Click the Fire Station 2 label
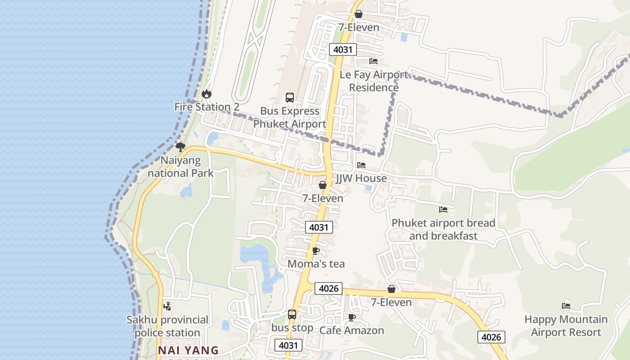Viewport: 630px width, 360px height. click(x=207, y=107)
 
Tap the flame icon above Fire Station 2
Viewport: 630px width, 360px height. click(x=207, y=94)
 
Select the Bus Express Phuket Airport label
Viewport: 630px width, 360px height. click(x=289, y=117)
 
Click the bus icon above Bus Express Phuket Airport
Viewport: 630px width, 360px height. click(x=290, y=98)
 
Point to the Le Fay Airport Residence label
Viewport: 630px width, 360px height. click(x=374, y=81)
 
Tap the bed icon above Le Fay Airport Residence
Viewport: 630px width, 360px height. click(x=373, y=61)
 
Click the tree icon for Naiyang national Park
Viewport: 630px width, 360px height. click(x=180, y=147)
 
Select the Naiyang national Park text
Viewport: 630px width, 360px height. click(x=181, y=166)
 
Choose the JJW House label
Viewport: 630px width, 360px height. click(x=361, y=178)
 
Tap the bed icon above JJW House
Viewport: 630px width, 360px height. click(x=361, y=165)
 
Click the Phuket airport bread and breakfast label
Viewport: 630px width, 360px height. click(x=443, y=229)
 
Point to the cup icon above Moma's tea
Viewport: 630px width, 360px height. click(x=316, y=251)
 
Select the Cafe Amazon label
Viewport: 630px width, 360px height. click(x=351, y=330)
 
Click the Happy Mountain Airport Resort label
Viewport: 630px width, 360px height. click(x=566, y=326)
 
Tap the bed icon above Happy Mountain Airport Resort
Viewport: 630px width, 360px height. click(x=566, y=306)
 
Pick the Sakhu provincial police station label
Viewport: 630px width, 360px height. click(x=167, y=326)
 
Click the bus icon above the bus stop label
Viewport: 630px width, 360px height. click(x=292, y=315)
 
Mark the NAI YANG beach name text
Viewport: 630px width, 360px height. click(x=189, y=350)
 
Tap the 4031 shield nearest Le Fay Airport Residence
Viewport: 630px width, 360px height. click(x=343, y=49)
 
